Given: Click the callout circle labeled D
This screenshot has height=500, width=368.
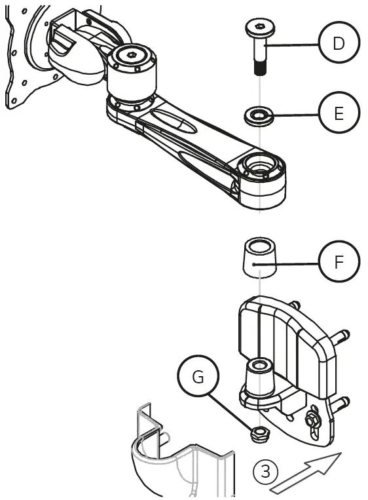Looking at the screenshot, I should tap(339, 45).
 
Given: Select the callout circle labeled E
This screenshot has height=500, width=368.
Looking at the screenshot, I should tap(339, 113).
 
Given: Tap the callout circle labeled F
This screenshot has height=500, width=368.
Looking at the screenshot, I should tap(339, 263).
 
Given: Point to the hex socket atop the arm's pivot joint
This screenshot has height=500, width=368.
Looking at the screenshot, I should tap(134, 56).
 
